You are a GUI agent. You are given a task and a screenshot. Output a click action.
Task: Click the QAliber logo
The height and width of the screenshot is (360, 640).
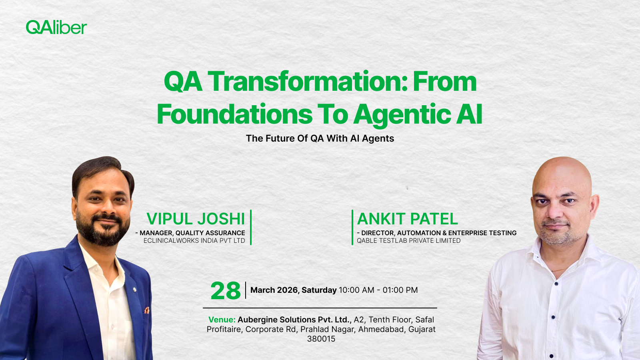pyautogui.click(x=56, y=27)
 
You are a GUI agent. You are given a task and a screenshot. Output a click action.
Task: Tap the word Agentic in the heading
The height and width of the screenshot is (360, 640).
pyautogui.click(x=402, y=114)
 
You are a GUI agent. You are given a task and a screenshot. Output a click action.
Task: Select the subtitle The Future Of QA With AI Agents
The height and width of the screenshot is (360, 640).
pyautogui.click(x=320, y=138)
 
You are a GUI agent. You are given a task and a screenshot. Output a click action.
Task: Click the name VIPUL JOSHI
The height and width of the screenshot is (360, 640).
pyautogui.click(x=196, y=219)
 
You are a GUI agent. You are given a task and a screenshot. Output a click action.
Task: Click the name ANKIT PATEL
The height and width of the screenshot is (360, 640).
pyautogui.click(x=407, y=219)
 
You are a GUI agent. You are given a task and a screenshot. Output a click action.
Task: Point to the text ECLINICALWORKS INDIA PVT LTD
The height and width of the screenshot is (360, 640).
pyautogui.click(x=194, y=241)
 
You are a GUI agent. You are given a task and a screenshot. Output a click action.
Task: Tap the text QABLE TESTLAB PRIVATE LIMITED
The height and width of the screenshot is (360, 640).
pyautogui.click(x=408, y=241)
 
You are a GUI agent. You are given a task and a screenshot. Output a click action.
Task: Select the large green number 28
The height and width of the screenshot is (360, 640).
pyautogui.click(x=225, y=291)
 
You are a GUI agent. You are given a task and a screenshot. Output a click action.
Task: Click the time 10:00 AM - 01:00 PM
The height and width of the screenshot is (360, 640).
pyautogui.click(x=378, y=290)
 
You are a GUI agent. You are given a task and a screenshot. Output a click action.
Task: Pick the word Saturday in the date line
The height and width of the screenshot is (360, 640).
pyautogui.click(x=319, y=290)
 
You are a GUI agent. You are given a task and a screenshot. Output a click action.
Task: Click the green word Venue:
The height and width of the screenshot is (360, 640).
pyautogui.click(x=222, y=320)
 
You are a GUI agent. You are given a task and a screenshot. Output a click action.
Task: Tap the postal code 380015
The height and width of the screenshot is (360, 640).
pyautogui.click(x=321, y=339)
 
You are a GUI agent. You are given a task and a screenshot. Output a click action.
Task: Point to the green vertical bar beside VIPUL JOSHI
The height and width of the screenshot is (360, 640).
pyautogui.click(x=251, y=227)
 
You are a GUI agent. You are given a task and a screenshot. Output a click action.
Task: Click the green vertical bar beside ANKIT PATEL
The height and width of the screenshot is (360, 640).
pyautogui.click(x=352, y=227)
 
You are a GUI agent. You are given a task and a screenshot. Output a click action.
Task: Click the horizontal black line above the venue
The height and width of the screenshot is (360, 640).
pyautogui.click(x=320, y=308)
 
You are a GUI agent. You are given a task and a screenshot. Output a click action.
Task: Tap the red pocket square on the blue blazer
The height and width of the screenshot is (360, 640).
pyautogui.click(x=147, y=310)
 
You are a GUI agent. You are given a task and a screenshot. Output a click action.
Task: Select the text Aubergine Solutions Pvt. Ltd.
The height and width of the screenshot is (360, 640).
pyautogui.click(x=294, y=320)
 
